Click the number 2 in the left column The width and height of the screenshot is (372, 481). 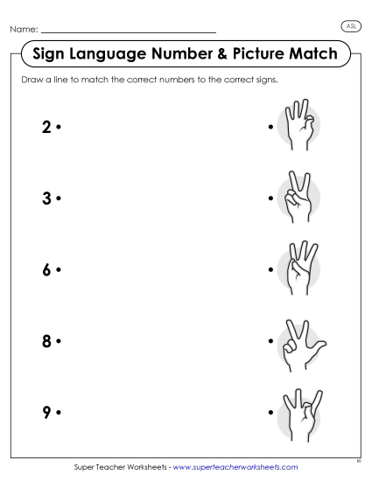pos(46,127)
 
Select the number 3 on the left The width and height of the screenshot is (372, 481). pos(46,199)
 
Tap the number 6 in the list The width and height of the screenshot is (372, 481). pos(46,269)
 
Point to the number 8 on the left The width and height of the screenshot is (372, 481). pos(46,341)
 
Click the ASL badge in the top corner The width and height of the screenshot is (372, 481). pos(351,27)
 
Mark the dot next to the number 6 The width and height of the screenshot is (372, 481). pos(58,270)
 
